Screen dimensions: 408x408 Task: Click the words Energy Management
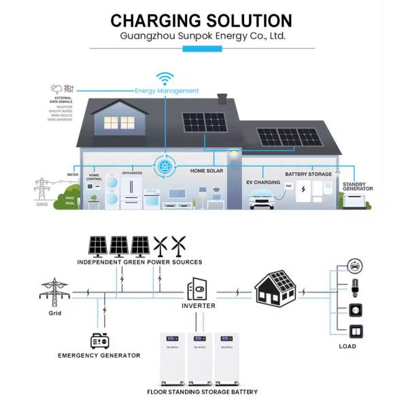(167, 90)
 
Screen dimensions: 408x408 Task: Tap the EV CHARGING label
(262, 183)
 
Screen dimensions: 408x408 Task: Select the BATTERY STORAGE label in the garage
(308, 174)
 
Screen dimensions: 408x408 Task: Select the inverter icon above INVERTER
(199, 288)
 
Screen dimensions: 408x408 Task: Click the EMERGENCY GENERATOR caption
(99, 356)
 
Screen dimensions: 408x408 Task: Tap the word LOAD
(347, 347)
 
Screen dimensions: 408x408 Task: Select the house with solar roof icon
(275, 287)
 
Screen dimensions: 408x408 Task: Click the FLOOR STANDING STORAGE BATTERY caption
(202, 392)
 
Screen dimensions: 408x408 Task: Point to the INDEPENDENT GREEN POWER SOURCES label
(139, 262)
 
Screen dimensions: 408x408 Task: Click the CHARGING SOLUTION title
(201, 20)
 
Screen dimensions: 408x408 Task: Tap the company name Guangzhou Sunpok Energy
(202, 36)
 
